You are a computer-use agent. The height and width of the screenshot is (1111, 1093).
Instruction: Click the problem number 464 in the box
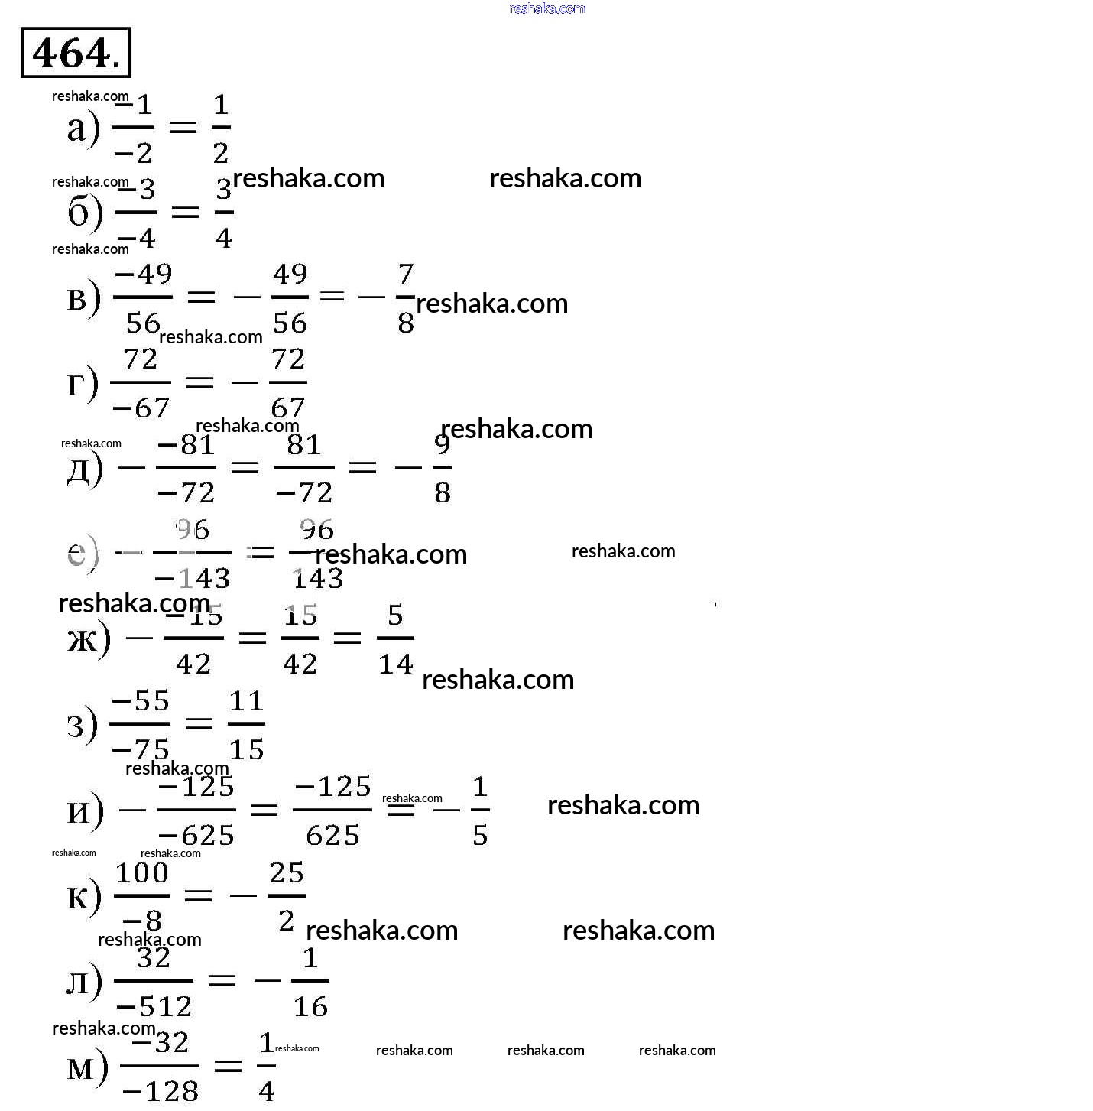tap(76, 53)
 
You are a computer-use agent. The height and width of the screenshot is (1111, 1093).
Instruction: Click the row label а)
tap(83, 128)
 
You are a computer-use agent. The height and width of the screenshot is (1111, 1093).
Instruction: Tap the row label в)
tap(83, 298)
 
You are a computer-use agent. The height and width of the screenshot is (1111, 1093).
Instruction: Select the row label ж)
tap(89, 638)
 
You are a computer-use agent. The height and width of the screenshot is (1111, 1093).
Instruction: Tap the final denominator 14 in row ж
tap(396, 664)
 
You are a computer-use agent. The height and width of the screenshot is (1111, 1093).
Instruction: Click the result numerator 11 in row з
tap(246, 701)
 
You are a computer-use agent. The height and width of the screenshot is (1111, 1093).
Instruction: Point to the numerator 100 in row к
tap(142, 872)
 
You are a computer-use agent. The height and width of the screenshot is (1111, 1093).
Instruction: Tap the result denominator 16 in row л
tap(310, 1006)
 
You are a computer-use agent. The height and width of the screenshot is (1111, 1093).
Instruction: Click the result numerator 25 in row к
tap(287, 872)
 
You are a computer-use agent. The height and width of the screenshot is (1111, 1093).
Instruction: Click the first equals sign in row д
tap(245, 467)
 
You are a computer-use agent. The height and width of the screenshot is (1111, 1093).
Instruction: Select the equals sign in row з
tap(199, 723)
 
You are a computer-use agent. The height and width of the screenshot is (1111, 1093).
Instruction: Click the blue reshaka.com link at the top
tap(546, 8)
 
